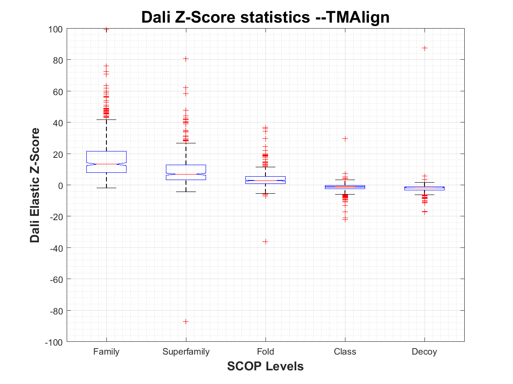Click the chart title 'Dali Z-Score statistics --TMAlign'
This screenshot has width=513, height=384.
click(x=265, y=17)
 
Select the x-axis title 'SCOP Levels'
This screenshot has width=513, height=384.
click(x=265, y=366)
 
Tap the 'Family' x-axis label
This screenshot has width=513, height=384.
click(x=106, y=352)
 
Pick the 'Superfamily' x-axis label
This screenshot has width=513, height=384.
click(x=186, y=352)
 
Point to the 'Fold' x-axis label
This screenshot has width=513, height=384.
click(x=265, y=352)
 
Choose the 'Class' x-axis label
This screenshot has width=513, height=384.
click(x=345, y=352)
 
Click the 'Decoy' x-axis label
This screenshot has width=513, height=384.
click(x=425, y=352)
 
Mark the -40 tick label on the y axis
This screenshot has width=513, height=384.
click(x=57, y=248)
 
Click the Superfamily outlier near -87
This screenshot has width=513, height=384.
click(x=186, y=321)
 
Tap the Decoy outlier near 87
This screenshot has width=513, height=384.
click(x=425, y=48)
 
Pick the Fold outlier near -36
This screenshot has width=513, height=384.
click(x=265, y=241)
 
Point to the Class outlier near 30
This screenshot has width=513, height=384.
click(x=345, y=138)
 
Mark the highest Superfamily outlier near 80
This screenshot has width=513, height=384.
click(x=186, y=59)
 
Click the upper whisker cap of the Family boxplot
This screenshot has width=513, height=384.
click(x=106, y=120)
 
